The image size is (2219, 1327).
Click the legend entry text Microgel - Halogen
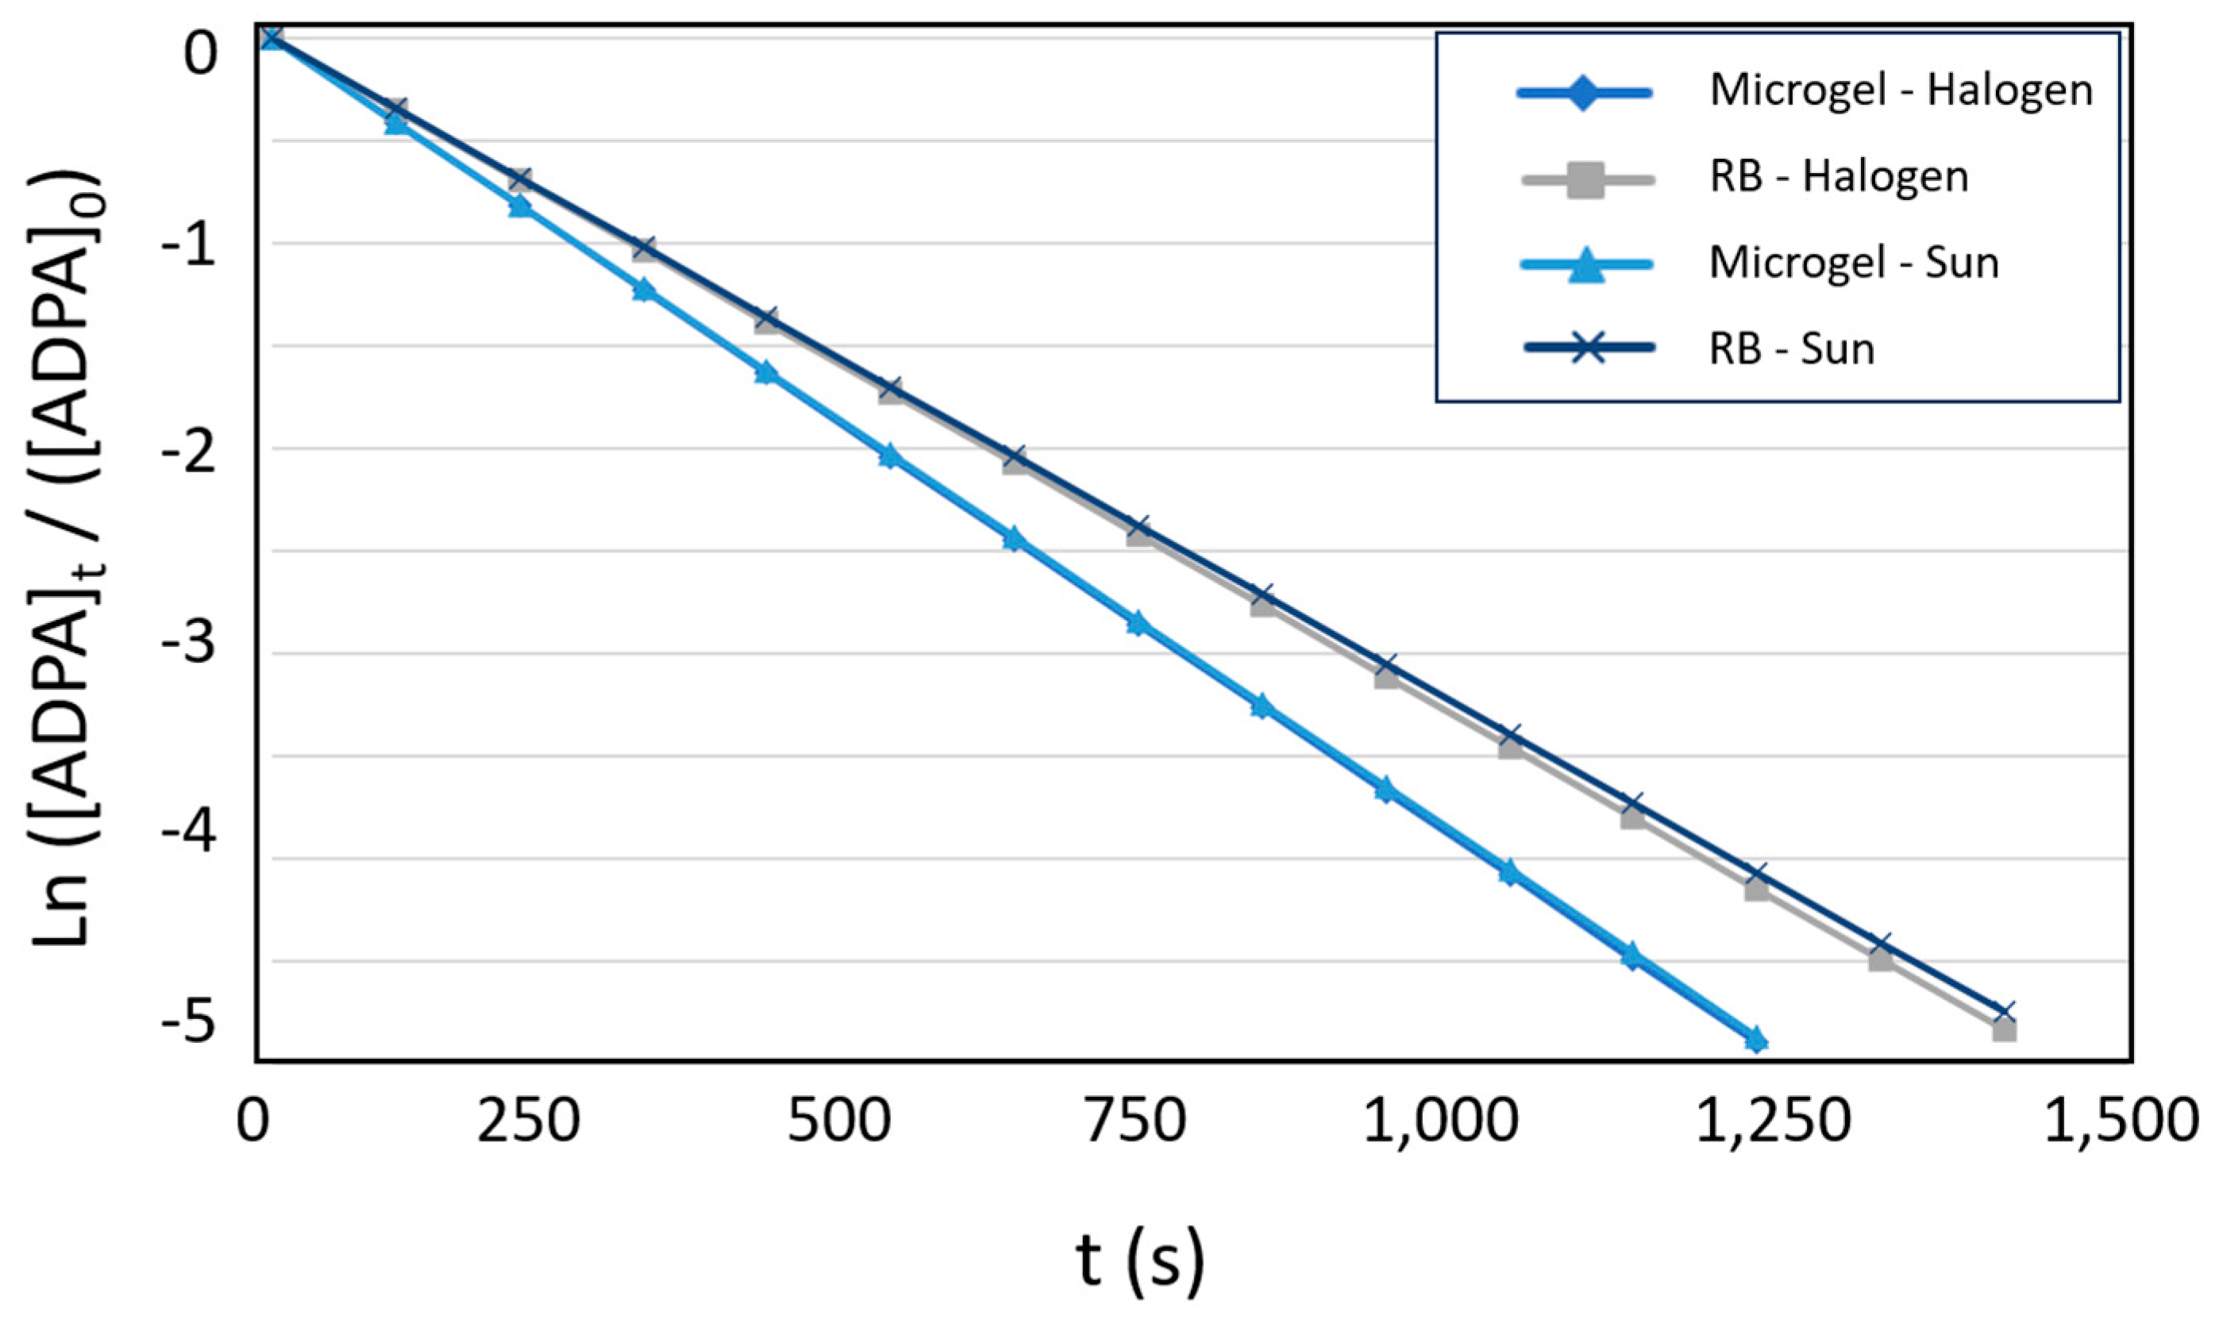[x=1901, y=91]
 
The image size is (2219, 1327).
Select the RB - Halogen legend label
[x=1839, y=177]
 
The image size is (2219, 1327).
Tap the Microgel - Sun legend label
[x=1853, y=263]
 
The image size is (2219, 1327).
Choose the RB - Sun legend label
[x=1792, y=348]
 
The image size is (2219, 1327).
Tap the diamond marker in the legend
[x=1583, y=92]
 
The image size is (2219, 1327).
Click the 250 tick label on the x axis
[x=528, y=1122]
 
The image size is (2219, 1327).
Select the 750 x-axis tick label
[x=1135, y=1122]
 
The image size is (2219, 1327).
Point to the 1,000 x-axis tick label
[x=1441, y=1122]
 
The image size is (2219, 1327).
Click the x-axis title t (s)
[x=1139, y=1262]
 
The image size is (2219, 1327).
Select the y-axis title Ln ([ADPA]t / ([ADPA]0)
[x=67, y=555]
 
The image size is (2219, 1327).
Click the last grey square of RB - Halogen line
[x=2003, y=1029]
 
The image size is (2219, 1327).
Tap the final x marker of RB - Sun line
[x=2003, y=1010]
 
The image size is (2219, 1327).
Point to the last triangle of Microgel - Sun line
[x=1755, y=1038]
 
